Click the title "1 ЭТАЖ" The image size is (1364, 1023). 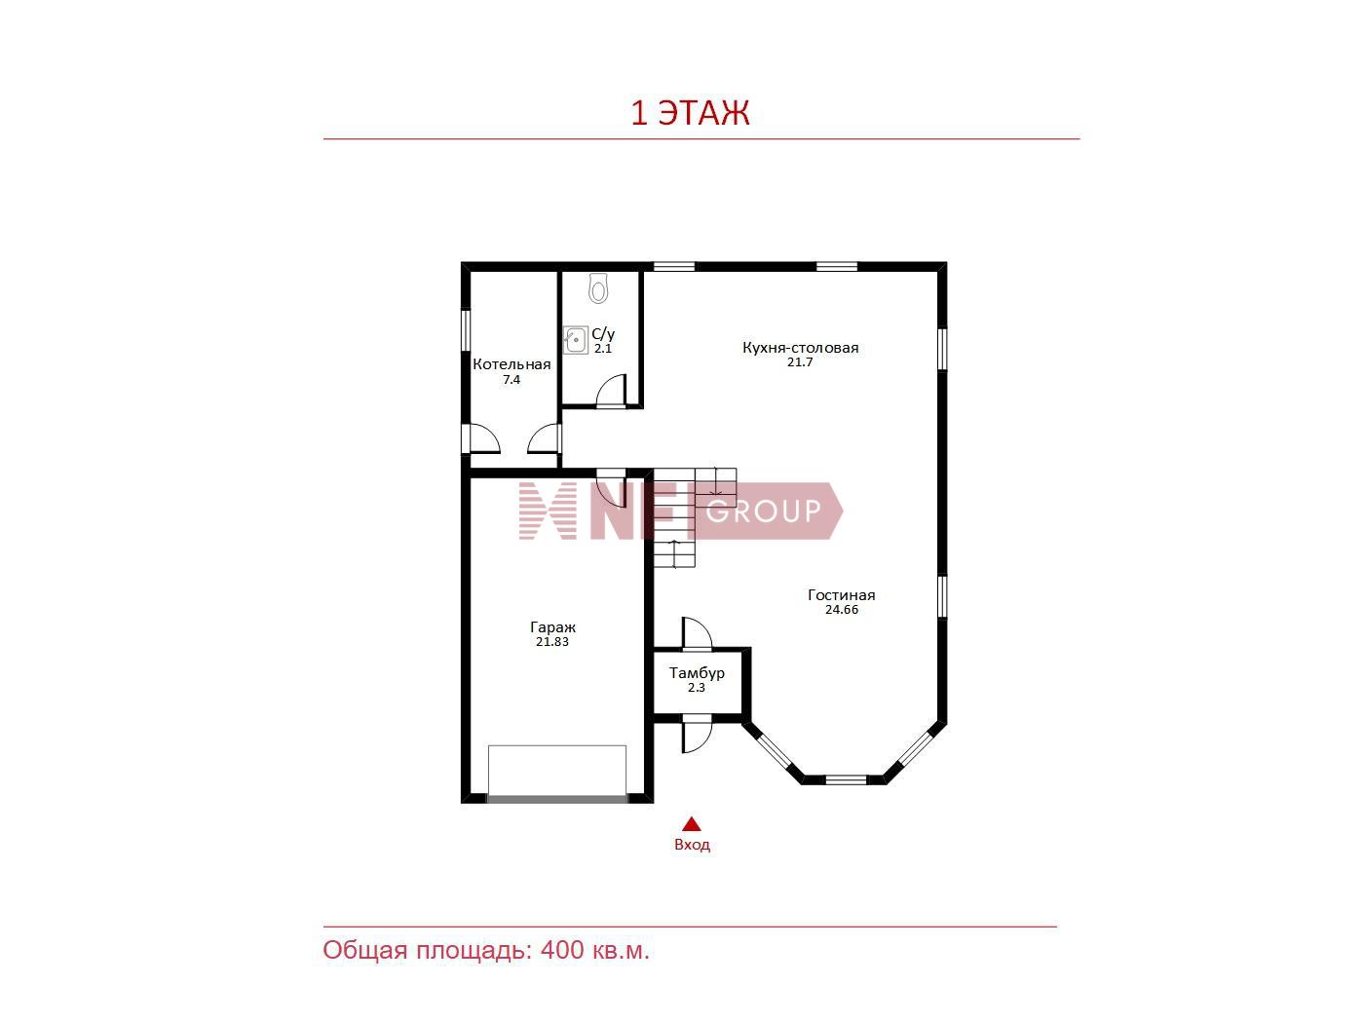point(690,113)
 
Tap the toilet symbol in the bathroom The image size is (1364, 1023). point(598,288)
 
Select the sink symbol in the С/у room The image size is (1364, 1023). point(576,340)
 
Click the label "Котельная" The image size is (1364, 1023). point(511,364)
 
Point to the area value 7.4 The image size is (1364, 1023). point(511,380)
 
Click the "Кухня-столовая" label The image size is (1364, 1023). point(801,348)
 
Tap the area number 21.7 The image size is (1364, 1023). point(800,362)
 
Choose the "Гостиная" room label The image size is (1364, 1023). point(842,594)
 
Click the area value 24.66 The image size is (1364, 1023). point(842,609)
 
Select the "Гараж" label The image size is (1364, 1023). point(552,627)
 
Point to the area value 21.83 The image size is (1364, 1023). point(552,642)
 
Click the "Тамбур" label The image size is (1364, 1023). point(697,672)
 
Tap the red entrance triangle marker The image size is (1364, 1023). point(692,823)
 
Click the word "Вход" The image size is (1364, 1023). point(692,845)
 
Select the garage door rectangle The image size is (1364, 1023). point(556,773)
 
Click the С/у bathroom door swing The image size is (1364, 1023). point(610,392)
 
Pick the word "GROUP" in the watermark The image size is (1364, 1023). point(764,511)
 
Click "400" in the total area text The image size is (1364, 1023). point(562,950)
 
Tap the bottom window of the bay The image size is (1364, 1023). point(845,779)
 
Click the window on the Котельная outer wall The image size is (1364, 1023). point(466,330)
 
